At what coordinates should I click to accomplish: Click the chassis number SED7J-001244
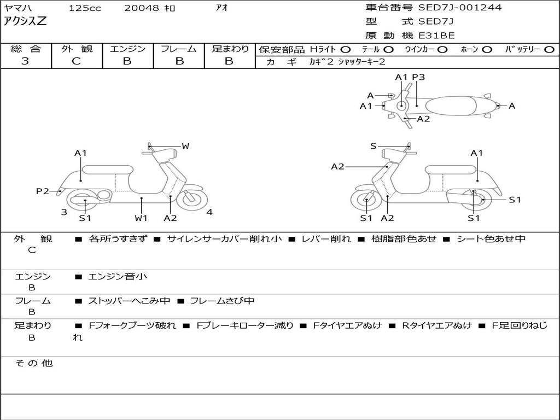pyautogui.click(x=460, y=8)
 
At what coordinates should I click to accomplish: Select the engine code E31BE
pyautogui.click(x=436, y=36)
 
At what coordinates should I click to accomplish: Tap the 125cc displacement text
pyautogui.click(x=84, y=8)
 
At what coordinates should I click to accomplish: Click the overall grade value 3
pyautogui.click(x=25, y=61)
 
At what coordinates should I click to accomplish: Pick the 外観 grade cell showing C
pyautogui.click(x=77, y=61)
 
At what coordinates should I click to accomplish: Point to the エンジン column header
pyautogui.click(x=127, y=49)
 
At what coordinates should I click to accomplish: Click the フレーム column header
pyautogui.click(x=179, y=49)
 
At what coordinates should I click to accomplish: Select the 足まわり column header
pyautogui.click(x=230, y=49)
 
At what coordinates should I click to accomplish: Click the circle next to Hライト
pyautogui.click(x=346, y=49)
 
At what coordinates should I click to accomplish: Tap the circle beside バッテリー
pyautogui.click(x=549, y=49)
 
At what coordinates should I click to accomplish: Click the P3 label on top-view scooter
pyautogui.click(x=418, y=77)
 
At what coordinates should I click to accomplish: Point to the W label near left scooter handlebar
pyautogui.click(x=185, y=146)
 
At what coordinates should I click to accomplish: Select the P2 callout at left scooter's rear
pyautogui.click(x=43, y=191)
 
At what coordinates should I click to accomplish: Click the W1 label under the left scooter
pyautogui.click(x=142, y=218)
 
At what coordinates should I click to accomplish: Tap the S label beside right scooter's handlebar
pyautogui.click(x=373, y=146)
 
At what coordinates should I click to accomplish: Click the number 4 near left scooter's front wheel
pyautogui.click(x=209, y=212)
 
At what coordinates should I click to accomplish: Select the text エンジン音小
pyautogui.click(x=118, y=277)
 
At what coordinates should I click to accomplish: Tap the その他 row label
pyautogui.click(x=33, y=363)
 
